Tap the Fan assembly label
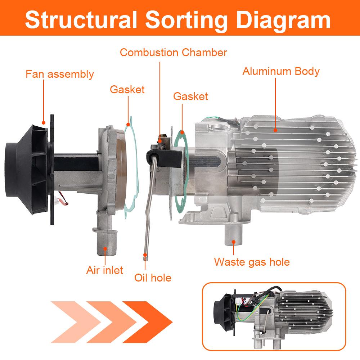[x=59, y=74]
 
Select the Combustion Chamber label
[x=174, y=53]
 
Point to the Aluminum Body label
[x=281, y=71]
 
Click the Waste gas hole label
[x=252, y=262]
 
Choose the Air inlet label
[x=104, y=270]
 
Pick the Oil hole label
[x=153, y=278]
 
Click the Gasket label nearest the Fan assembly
[x=127, y=89]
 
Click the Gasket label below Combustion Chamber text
[x=190, y=96]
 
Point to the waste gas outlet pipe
[x=234, y=236]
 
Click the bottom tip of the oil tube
[x=145, y=256]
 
